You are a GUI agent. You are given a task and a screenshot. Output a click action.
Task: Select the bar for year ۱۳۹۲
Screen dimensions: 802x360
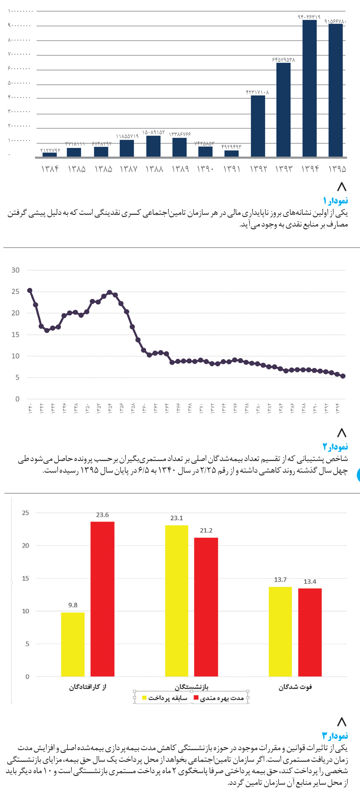coord(258,126)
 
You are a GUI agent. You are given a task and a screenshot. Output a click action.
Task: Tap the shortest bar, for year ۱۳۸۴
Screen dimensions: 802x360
coord(49,154)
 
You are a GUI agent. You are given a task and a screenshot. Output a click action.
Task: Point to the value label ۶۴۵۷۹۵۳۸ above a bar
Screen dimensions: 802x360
coord(283,60)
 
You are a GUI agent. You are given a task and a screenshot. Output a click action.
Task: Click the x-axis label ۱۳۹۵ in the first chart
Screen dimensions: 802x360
coord(337,169)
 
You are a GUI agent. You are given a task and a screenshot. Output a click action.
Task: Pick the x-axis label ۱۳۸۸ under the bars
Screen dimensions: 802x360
coord(154,169)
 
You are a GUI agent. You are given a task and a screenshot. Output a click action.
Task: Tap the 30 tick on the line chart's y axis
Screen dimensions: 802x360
coord(16,270)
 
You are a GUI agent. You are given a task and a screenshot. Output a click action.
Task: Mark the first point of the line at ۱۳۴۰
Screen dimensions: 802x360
coord(30,290)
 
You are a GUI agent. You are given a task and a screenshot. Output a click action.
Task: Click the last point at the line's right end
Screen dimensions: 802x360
coord(343,376)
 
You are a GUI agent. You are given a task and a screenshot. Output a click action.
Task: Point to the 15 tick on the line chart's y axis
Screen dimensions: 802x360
coord(16,335)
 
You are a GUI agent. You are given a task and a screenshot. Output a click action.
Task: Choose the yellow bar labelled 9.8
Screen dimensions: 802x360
coord(72,644)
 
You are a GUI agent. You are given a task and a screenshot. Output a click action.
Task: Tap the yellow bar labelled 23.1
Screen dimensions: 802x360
coord(176,601)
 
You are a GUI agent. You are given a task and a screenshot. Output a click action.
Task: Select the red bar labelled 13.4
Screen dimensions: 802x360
coord(310,632)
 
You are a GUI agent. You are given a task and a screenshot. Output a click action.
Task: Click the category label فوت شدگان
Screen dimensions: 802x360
coord(295,687)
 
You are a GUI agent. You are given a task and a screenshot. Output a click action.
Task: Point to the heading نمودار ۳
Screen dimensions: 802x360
coord(335,736)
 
